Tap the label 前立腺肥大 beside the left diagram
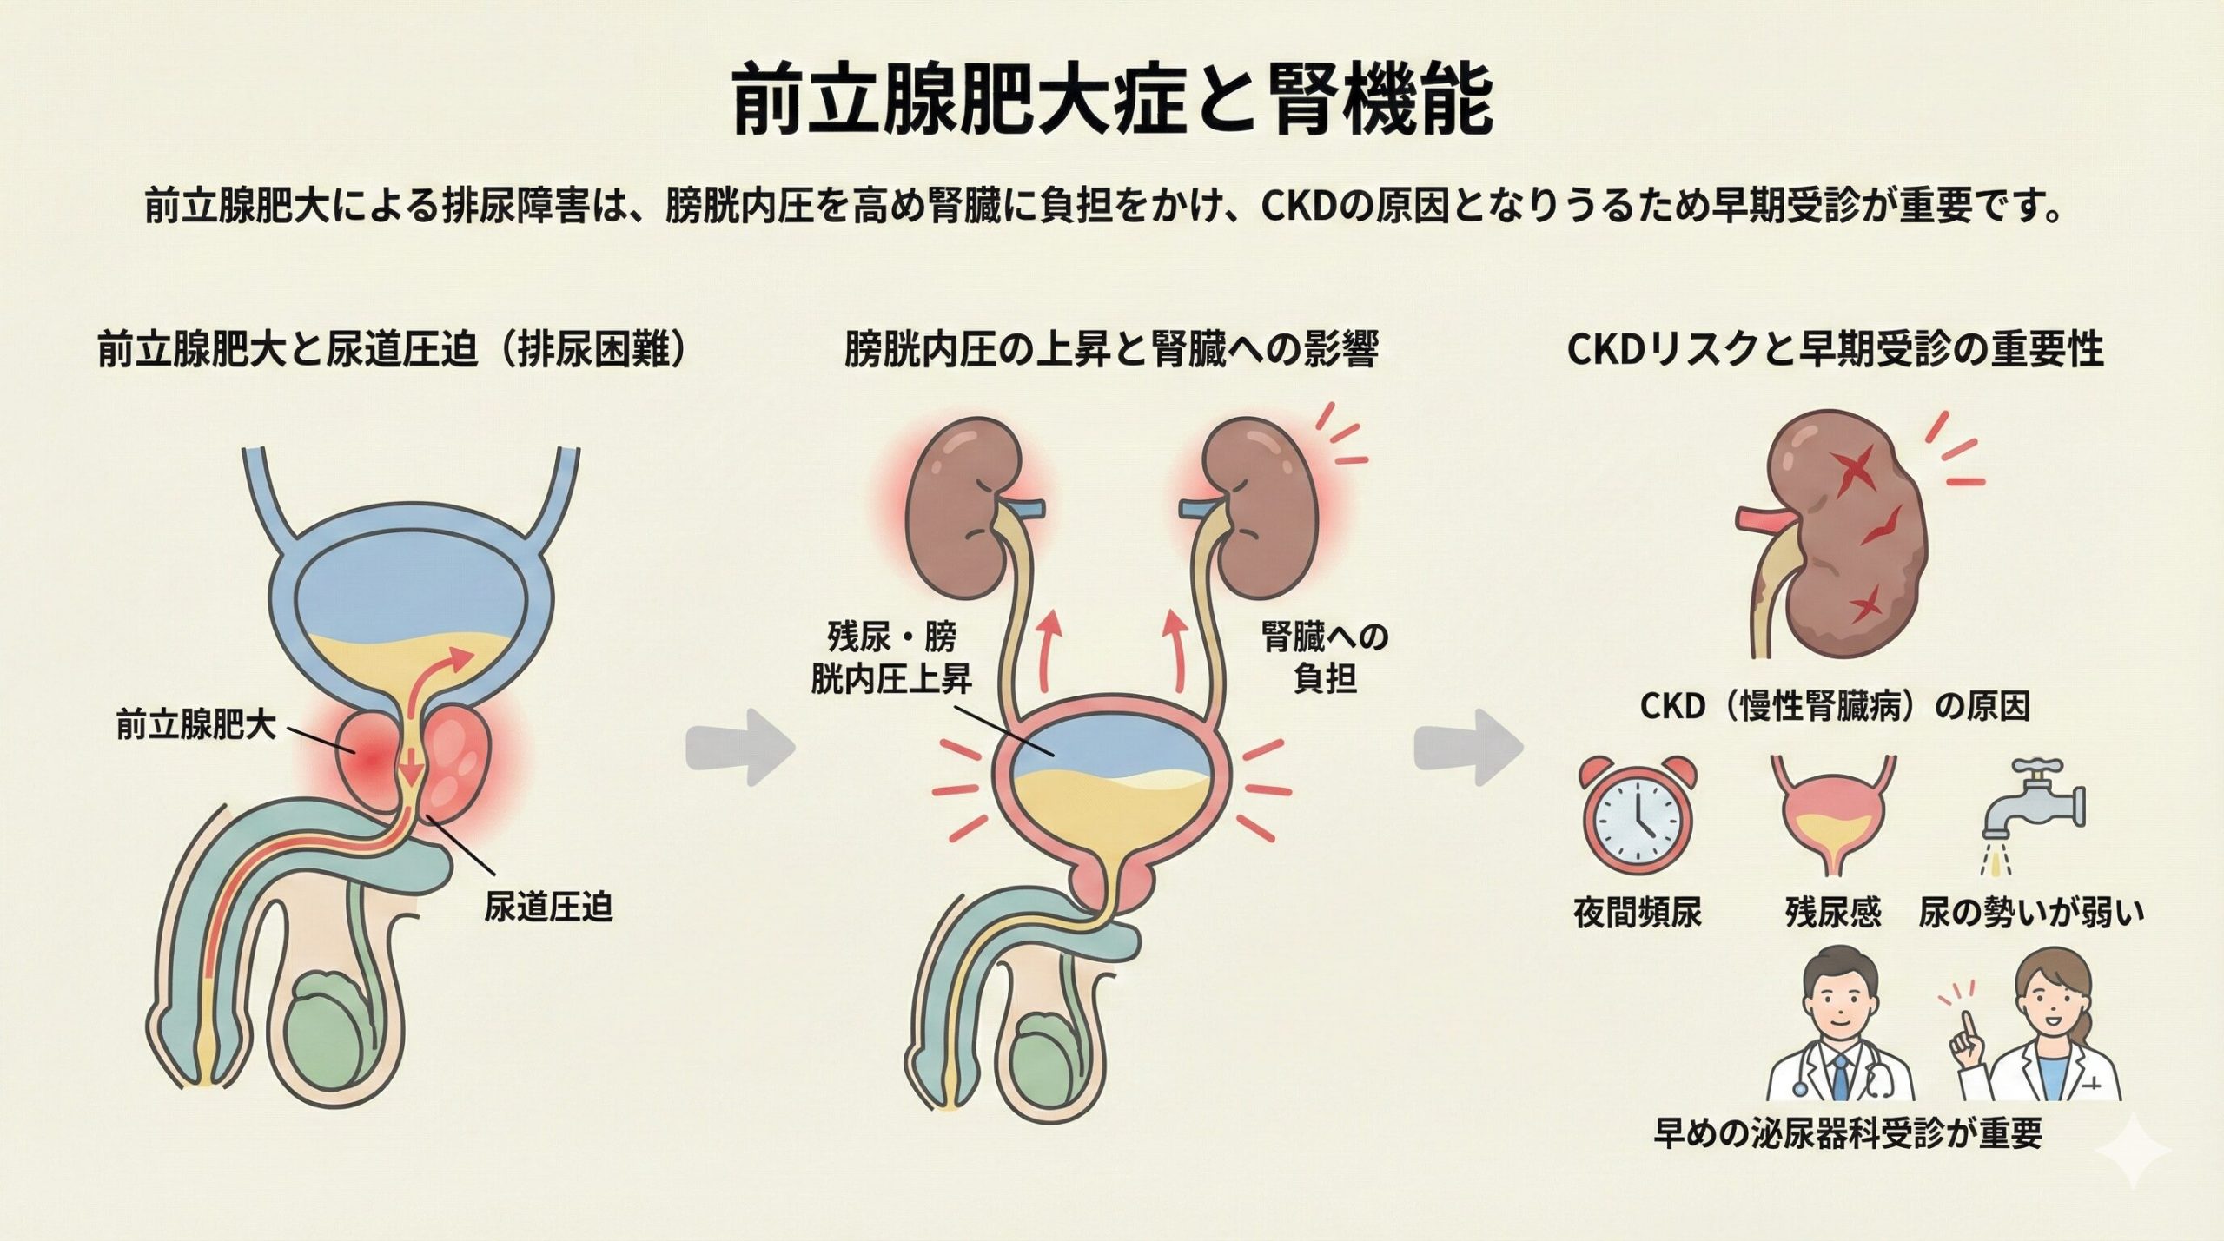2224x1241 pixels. [195, 724]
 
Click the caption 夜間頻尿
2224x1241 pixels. [1638, 913]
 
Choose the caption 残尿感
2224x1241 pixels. [1833, 913]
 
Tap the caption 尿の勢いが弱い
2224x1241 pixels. [2031, 913]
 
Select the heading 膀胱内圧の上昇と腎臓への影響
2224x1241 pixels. [1111, 350]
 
